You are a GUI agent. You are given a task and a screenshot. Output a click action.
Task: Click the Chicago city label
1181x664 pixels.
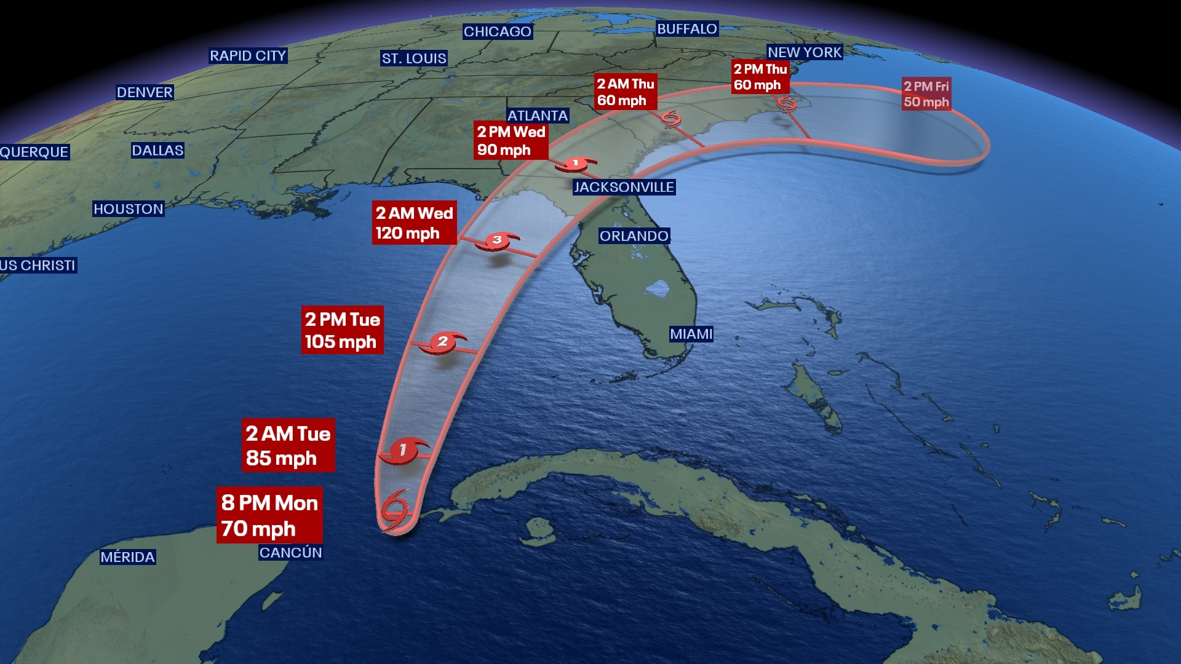(x=497, y=31)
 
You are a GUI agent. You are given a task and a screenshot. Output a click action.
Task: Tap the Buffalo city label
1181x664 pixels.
(x=686, y=29)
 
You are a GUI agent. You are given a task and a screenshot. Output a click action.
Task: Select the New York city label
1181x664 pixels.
(x=805, y=52)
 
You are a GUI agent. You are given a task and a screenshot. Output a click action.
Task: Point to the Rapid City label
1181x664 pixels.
(x=248, y=56)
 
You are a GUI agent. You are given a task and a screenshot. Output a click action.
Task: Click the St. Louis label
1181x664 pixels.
(x=414, y=58)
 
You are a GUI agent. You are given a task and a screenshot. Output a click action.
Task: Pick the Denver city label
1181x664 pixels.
(x=145, y=92)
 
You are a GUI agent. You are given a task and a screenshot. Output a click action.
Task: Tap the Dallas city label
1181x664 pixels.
(x=157, y=151)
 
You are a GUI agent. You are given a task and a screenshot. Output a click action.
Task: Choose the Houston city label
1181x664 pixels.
(x=128, y=209)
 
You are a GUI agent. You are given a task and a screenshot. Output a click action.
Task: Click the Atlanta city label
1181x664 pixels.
(x=537, y=116)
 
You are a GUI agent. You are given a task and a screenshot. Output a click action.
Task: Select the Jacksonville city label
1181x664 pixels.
(x=624, y=187)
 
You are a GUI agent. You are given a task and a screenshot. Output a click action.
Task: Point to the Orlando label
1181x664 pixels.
(x=634, y=236)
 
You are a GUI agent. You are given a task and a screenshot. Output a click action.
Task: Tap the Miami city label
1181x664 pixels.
(x=691, y=334)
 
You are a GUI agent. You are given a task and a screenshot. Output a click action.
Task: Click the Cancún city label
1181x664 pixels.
(x=290, y=553)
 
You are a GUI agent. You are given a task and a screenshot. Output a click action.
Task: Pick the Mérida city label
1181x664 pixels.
(x=127, y=557)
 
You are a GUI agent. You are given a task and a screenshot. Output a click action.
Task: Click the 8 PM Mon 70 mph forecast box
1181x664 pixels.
(x=269, y=515)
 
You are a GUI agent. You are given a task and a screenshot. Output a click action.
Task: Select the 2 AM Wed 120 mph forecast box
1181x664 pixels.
(x=414, y=223)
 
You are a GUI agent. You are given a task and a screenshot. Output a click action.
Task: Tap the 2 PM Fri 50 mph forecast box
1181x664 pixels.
(x=926, y=94)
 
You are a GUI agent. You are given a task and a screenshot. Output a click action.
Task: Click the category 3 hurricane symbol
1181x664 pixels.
(x=497, y=240)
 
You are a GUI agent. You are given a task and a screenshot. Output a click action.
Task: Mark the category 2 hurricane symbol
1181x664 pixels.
(x=442, y=342)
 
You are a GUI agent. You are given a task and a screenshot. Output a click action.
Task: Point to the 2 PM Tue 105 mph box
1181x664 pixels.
(x=342, y=330)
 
